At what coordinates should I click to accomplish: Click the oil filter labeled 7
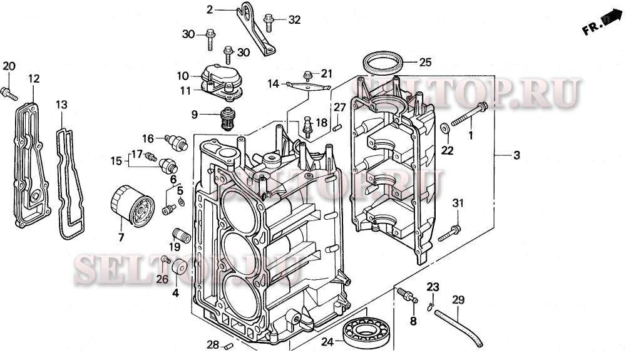pos(132,207)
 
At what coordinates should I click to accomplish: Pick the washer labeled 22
pos(444,128)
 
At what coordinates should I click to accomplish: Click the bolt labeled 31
pos(449,234)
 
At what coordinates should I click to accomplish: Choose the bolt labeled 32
pos(270,21)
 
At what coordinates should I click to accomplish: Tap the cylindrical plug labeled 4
pos(178,267)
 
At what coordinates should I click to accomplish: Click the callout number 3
pos(516,155)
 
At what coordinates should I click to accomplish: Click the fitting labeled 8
pos(406,295)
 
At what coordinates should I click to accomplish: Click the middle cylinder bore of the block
pos(239,254)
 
